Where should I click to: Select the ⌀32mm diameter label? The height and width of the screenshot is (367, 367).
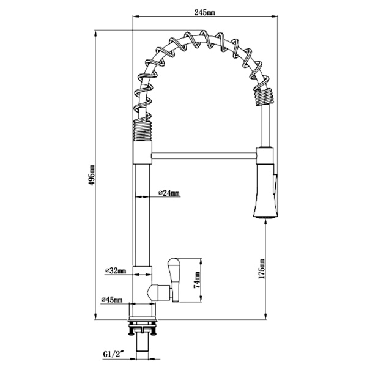115,270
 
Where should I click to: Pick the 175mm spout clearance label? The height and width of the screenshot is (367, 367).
261,269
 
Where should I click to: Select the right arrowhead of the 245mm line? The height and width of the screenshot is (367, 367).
270,12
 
